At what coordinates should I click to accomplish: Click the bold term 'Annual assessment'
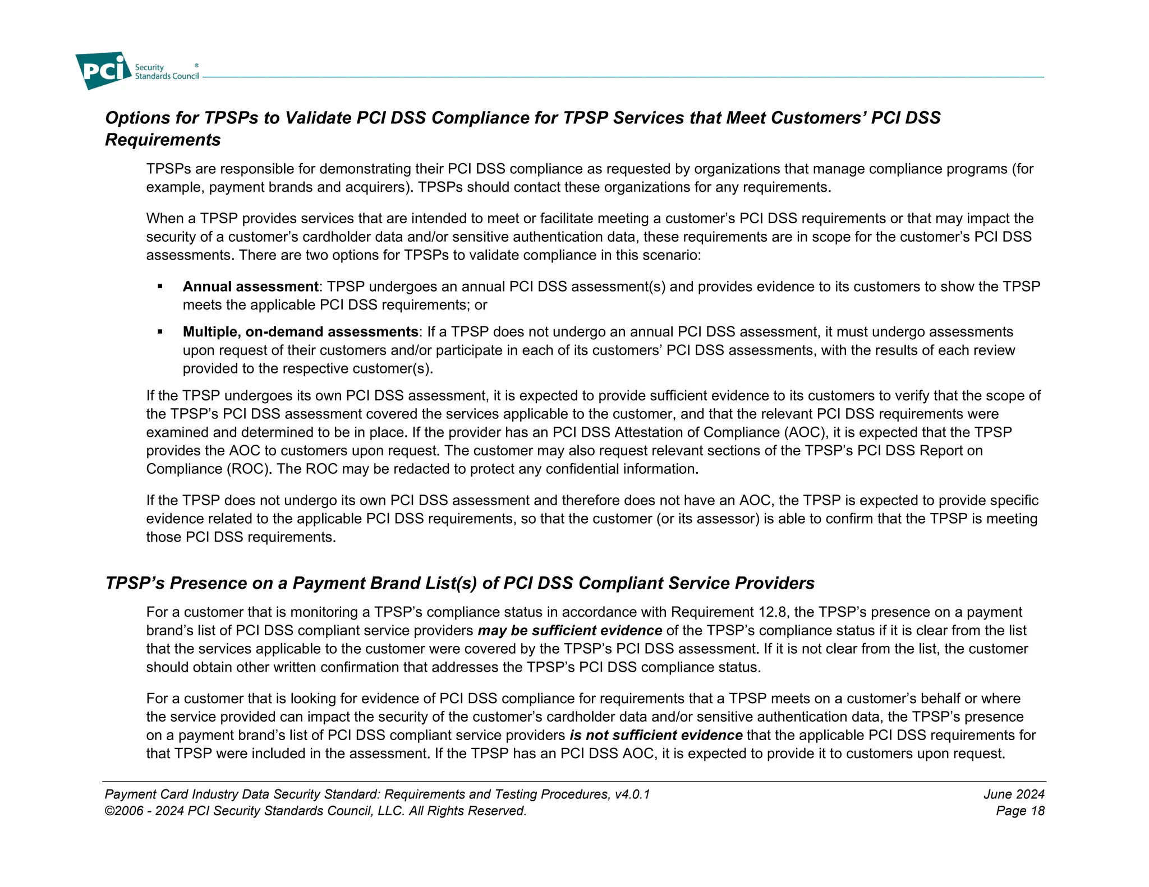(250, 287)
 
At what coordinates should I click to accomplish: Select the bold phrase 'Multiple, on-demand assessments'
(300, 332)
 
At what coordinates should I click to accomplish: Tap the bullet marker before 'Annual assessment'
(160, 287)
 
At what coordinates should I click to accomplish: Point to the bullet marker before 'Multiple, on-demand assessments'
(160, 332)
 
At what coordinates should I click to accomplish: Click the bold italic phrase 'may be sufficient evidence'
(569, 631)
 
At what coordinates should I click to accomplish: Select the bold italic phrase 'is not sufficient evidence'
(656, 736)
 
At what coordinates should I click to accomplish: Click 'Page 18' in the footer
(1020, 811)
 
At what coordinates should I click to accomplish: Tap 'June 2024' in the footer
(1014, 794)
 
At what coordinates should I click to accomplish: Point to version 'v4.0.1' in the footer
(632, 794)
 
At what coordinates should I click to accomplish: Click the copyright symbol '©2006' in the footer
(123, 811)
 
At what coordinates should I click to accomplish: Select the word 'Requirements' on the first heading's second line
(163, 140)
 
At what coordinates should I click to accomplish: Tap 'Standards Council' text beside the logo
(167, 77)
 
